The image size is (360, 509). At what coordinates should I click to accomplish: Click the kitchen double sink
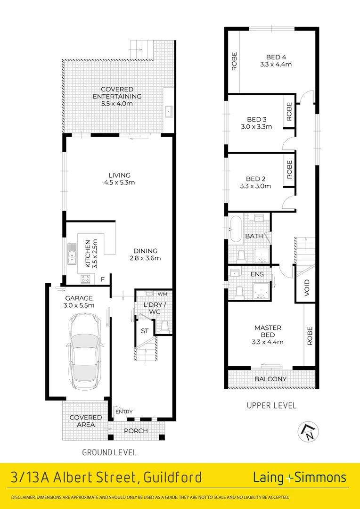click(x=72, y=254)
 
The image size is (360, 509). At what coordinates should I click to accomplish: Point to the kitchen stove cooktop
click(x=85, y=279)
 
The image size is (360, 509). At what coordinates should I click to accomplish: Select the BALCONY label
click(x=271, y=379)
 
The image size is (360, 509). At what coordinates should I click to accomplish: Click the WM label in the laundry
click(x=162, y=294)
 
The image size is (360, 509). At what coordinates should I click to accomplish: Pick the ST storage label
click(x=145, y=331)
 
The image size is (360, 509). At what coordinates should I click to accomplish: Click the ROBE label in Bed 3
click(x=289, y=111)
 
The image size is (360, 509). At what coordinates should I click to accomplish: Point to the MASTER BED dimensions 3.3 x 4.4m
click(x=268, y=342)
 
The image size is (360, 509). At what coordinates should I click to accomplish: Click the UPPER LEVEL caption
click(x=272, y=405)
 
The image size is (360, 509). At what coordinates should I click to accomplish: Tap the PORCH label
click(x=136, y=431)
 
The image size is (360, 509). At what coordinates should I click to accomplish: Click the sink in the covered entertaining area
click(x=169, y=112)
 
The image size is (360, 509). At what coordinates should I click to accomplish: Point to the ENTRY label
click(x=124, y=412)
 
